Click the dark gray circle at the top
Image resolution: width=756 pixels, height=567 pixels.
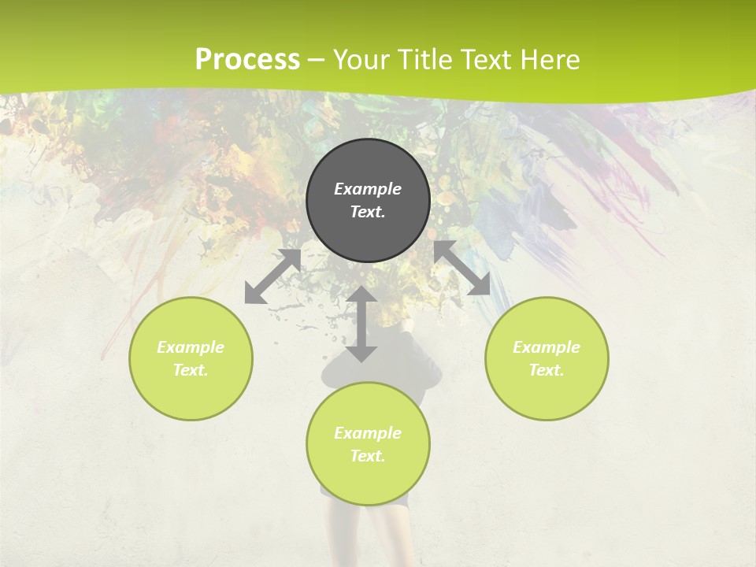click(368, 165)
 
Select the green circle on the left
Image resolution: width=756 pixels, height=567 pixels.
click(191, 394)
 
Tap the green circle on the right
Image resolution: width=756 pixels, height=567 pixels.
click(547, 394)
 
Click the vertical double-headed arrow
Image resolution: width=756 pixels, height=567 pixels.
click(361, 324)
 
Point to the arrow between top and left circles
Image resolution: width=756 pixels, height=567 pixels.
click(273, 276)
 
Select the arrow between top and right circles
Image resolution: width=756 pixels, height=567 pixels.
click(462, 268)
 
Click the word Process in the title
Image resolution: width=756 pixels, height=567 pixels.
click(247, 59)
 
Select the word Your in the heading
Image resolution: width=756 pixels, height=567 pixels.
click(362, 59)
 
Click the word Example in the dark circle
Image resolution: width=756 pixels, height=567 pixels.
click(368, 189)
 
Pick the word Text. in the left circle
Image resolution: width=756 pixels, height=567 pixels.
click(191, 370)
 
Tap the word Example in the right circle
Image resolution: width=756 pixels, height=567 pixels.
click(547, 347)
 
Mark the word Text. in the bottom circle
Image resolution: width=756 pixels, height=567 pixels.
click(368, 456)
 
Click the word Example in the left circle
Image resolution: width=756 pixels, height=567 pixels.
click(191, 347)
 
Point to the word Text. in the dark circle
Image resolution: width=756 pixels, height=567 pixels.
click(368, 212)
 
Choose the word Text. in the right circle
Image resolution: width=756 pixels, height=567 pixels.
click(547, 370)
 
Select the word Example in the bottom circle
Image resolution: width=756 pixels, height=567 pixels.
click(368, 433)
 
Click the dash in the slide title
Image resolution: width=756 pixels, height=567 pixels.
click(317, 60)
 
